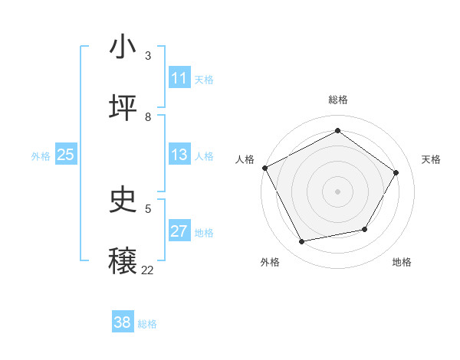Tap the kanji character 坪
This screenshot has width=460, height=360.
click(x=123, y=108)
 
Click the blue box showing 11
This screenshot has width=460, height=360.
click(x=179, y=78)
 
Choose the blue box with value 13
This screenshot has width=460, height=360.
click(x=179, y=155)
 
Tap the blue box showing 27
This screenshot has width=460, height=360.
click(x=179, y=231)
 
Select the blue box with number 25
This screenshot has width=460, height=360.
click(x=66, y=155)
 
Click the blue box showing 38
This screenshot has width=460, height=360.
click(x=123, y=322)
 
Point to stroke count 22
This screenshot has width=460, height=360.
click(x=147, y=270)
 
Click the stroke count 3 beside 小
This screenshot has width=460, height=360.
click(x=148, y=56)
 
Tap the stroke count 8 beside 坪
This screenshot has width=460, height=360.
click(x=148, y=116)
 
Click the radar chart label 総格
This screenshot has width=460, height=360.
click(x=337, y=100)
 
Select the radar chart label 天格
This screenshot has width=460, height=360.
click(x=431, y=159)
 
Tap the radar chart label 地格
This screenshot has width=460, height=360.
click(x=402, y=263)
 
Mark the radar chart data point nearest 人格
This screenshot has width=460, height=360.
click(x=264, y=168)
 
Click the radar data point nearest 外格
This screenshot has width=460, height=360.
click(x=301, y=242)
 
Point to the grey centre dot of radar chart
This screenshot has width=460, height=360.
click(x=337, y=191)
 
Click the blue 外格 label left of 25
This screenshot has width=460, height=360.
click(x=41, y=156)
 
